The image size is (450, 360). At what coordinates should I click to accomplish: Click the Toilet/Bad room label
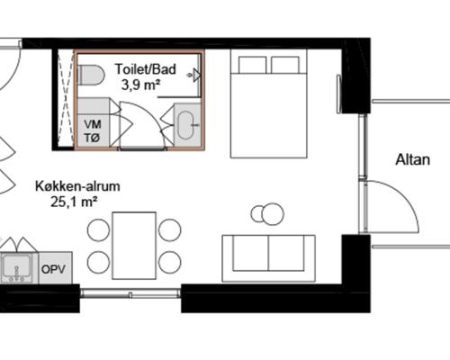coord(146,69)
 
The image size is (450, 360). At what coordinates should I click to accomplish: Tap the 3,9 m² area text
coord(140,85)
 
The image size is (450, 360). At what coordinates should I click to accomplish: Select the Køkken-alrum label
coord(77,186)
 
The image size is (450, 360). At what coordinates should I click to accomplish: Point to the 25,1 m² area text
coord(74,202)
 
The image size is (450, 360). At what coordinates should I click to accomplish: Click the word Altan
coord(413,159)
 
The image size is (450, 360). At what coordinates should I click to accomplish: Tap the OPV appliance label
coord(53,269)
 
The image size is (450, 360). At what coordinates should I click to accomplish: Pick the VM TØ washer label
coord(93,131)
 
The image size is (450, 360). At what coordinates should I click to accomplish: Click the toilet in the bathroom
coord(91,75)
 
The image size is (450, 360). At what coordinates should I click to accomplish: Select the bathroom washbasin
coord(187,125)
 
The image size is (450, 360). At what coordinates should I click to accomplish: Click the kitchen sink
coord(16,267)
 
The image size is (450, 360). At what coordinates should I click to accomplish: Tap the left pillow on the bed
coord(253,65)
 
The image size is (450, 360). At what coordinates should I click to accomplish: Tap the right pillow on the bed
coord(285,65)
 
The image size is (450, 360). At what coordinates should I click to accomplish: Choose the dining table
coord(134,246)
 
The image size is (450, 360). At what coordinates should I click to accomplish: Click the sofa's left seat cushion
coord(250,254)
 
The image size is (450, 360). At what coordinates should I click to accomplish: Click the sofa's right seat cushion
coord(286,254)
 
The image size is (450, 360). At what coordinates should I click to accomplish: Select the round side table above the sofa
coord(273,213)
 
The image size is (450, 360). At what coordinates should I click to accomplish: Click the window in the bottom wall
coord(130,292)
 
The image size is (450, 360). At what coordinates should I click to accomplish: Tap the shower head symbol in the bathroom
coord(195,75)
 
